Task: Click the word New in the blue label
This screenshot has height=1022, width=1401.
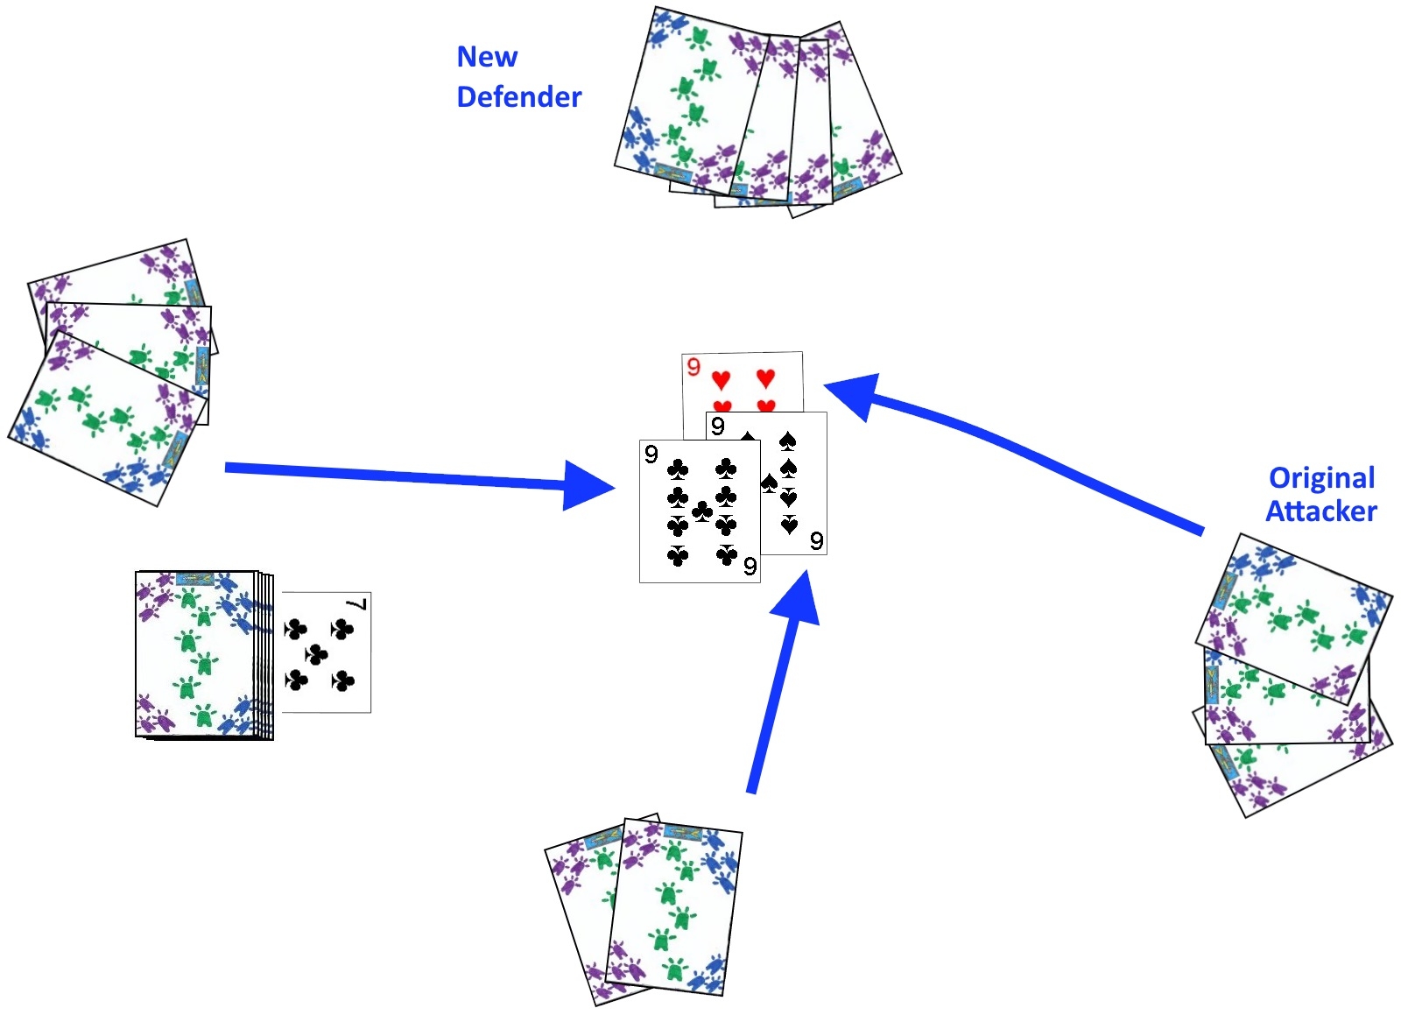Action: (x=487, y=57)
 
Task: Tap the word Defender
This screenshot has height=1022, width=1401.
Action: (x=518, y=96)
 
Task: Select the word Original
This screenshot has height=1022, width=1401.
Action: (x=1321, y=478)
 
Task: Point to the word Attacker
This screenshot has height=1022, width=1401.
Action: (x=1321, y=511)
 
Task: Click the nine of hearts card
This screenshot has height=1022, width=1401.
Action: (x=743, y=378)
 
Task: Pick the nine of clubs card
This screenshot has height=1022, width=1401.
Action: (x=699, y=511)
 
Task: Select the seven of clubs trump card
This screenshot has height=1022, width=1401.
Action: (x=326, y=652)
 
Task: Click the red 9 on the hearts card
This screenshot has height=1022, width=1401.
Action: (x=693, y=367)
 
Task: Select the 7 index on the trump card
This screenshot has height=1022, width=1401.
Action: (x=357, y=604)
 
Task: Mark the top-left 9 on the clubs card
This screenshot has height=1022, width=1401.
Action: (x=651, y=454)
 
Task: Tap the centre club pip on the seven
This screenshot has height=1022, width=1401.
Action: (x=316, y=653)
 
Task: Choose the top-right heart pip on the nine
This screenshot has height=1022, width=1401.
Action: (x=765, y=377)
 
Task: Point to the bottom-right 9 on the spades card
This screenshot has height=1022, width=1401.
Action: (x=816, y=540)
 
